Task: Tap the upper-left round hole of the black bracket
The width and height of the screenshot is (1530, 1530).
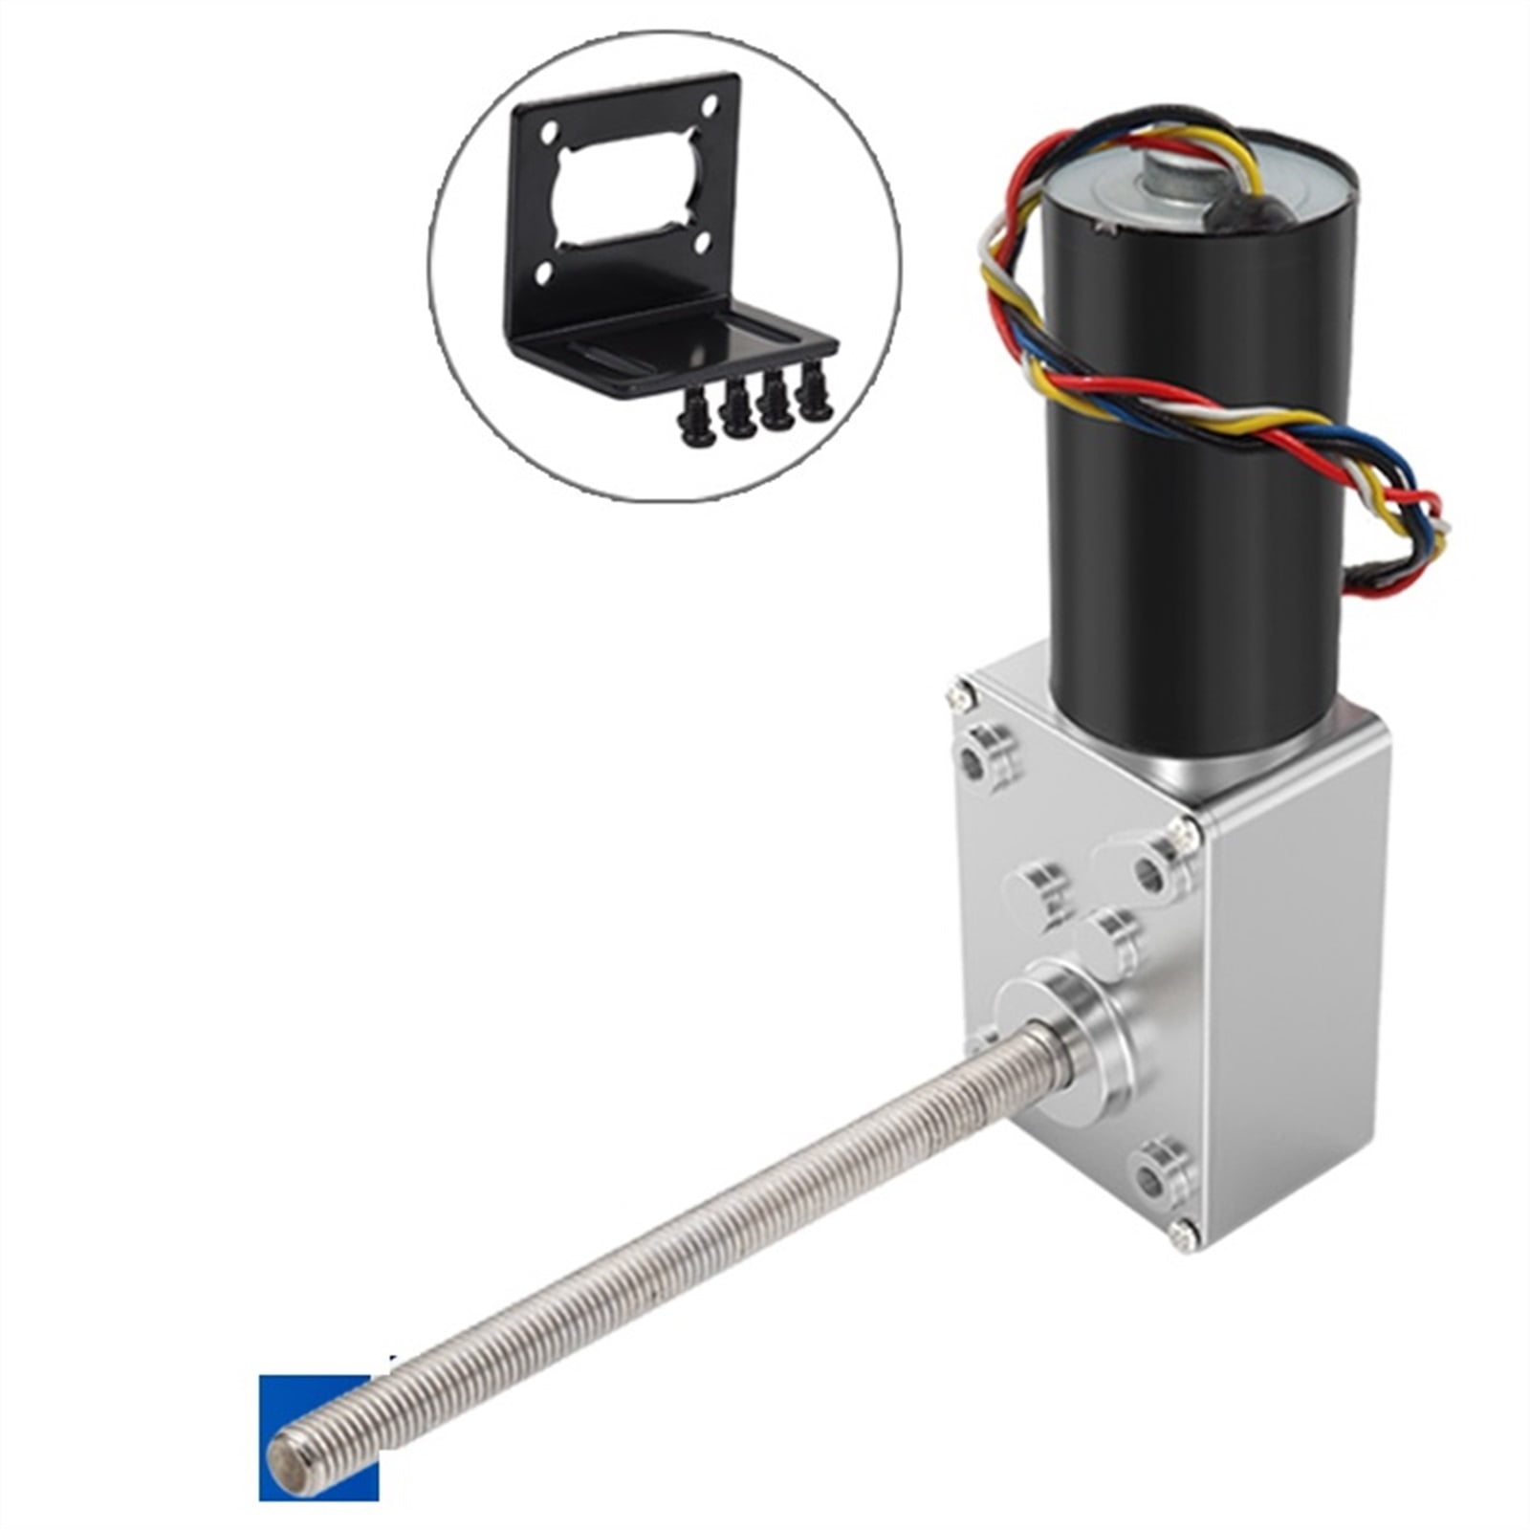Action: pyautogui.click(x=552, y=132)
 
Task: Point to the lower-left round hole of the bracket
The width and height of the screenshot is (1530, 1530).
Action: pyautogui.click(x=543, y=274)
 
